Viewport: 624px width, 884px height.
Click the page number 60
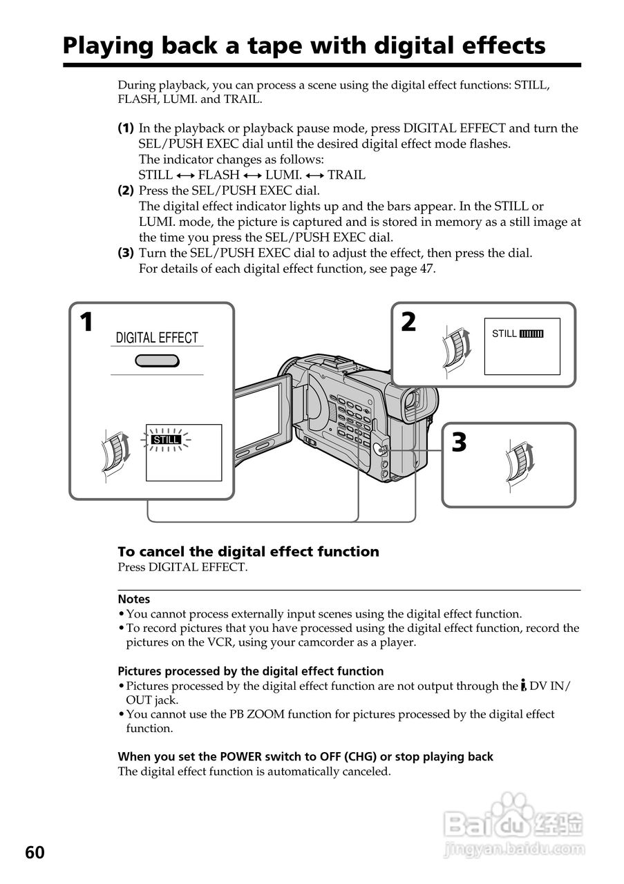(x=35, y=853)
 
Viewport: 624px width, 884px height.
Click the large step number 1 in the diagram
(x=86, y=323)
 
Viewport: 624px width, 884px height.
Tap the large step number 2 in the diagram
(x=408, y=322)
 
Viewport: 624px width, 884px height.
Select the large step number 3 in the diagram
(x=459, y=442)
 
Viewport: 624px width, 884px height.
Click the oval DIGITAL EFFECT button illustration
(x=158, y=361)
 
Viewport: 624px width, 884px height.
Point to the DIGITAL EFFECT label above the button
(x=157, y=338)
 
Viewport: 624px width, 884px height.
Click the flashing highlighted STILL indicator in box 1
(x=166, y=439)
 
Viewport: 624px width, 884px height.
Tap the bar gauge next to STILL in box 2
(x=531, y=334)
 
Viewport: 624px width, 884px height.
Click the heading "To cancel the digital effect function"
(x=248, y=552)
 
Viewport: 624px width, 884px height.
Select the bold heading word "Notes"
(x=133, y=599)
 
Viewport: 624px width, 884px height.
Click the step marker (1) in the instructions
(x=125, y=128)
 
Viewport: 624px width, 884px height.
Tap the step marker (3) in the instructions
(x=125, y=253)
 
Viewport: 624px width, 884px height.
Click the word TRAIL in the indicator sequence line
(x=346, y=175)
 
